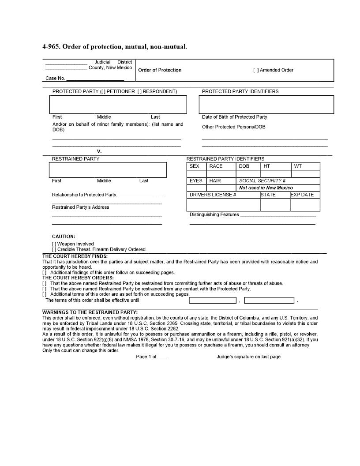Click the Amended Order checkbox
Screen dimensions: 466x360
(256, 70)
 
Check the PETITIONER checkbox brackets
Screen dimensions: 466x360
(103, 92)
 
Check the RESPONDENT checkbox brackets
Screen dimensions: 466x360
(140, 92)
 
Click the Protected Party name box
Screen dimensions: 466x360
(118, 105)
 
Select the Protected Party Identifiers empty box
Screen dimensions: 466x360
(266, 105)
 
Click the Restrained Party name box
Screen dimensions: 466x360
(108, 170)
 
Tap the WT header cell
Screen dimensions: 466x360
(305, 166)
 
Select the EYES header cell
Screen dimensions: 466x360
(196, 181)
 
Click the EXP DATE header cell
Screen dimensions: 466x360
(305, 195)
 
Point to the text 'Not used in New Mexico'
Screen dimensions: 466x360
(266, 188)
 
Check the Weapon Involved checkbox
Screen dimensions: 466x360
(54, 244)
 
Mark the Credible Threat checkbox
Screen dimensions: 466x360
(54, 250)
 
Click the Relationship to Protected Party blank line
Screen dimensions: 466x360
(140, 195)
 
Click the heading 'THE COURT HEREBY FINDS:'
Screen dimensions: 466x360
(75, 256)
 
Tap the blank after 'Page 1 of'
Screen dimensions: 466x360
(163, 357)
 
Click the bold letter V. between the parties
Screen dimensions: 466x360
(99, 152)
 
